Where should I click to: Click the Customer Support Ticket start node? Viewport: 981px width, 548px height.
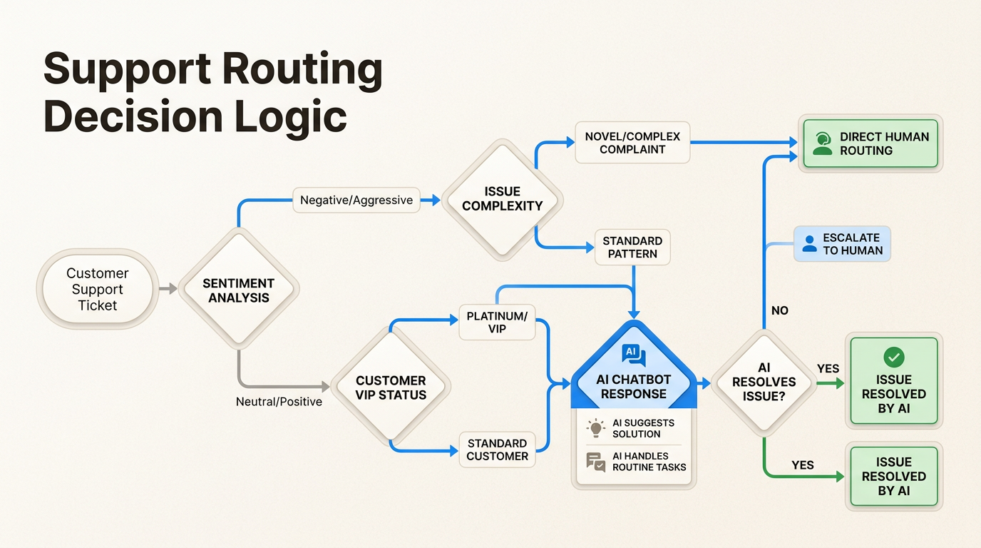pyautogui.click(x=97, y=289)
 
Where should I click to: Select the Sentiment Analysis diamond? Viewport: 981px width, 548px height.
pyautogui.click(x=238, y=290)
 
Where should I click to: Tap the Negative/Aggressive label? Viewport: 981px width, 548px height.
pyautogui.click(x=356, y=200)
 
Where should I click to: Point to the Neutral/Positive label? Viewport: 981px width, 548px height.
pyautogui.click(x=279, y=402)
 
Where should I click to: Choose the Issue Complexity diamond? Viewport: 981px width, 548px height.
pyautogui.click(x=502, y=198)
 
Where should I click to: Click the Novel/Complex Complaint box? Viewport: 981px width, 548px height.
pyautogui.click(x=632, y=143)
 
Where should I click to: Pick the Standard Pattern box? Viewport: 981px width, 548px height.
pyautogui.click(x=632, y=247)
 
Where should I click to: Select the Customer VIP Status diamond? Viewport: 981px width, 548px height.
pyautogui.click(x=391, y=387)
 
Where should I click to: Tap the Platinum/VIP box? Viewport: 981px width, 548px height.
pyautogui.click(x=497, y=322)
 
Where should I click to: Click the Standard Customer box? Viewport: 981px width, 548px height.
pyautogui.click(x=497, y=450)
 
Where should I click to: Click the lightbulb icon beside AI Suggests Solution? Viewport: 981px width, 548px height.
pyautogui.click(x=595, y=428)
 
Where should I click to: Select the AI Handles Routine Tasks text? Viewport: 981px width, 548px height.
pyautogui.click(x=649, y=462)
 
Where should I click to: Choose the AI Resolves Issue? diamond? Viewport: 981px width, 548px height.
pyautogui.click(x=764, y=382)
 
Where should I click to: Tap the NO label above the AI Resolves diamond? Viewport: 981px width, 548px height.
pyautogui.click(x=780, y=311)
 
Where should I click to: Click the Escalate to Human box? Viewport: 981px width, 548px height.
pyautogui.click(x=842, y=244)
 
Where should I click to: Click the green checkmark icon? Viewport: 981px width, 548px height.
pyautogui.click(x=893, y=357)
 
